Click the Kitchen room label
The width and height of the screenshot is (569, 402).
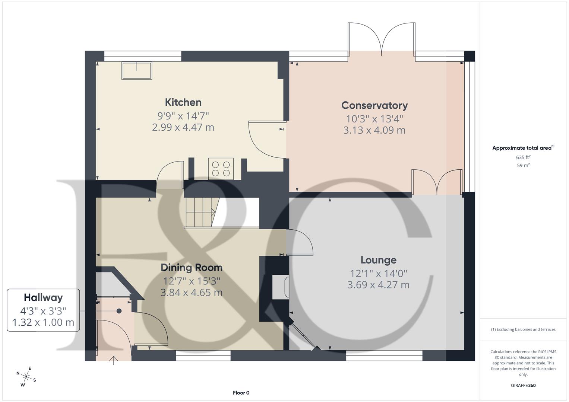pos(183,102)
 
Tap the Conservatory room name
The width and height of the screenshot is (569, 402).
pos(374,105)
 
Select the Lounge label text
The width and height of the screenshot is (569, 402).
pos(378,260)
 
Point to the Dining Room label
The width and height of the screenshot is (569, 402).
pos(192,268)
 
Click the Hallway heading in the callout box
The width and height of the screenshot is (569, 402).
pos(43,297)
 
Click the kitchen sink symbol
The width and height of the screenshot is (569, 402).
pos(137,71)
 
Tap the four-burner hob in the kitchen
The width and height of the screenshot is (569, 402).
pos(221,169)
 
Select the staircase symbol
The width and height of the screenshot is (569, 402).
pos(200,212)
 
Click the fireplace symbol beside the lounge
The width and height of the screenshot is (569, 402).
pos(281,287)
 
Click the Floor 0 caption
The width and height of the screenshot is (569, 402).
pos(241,393)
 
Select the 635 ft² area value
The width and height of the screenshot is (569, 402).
pos(523,157)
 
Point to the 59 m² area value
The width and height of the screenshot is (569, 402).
pos(523,166)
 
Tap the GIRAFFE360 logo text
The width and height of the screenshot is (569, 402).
pos(523,385)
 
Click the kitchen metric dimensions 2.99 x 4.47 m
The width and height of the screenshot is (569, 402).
pos(183,127)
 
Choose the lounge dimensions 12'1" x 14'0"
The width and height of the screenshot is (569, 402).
pos(378,274)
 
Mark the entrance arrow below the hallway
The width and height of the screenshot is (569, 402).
pos(114,361)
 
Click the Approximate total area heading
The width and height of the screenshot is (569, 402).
pos(522,148)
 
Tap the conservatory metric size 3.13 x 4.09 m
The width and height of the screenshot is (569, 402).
pos(374,130)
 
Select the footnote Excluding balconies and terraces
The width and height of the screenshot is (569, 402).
pos(523,329)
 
